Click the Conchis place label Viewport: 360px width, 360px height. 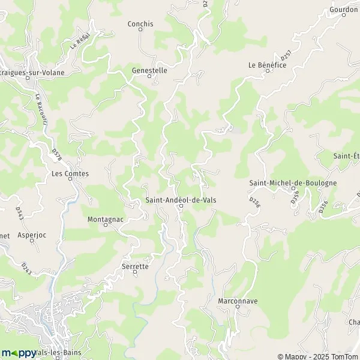click(x=140, y=24)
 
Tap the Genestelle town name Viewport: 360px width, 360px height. click(x=149, y=70)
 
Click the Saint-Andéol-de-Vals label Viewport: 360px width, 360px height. click(x=180, y=200)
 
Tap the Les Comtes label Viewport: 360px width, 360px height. click(x=70, y=174)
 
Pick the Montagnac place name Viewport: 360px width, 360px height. click(x=106, y=219)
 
